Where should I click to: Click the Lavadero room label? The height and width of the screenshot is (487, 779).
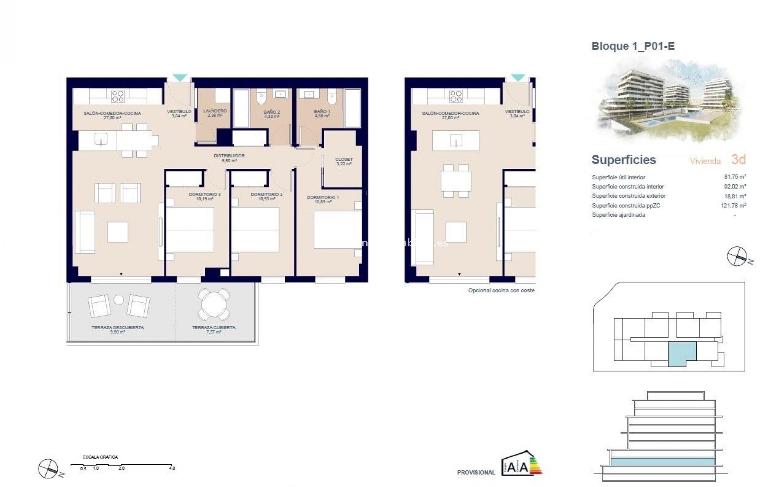pos(215,113)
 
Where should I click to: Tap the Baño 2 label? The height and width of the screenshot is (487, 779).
pos(271,114)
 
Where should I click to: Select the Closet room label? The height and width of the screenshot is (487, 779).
pos(344,162)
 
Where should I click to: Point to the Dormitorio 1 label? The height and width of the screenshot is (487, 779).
pos(323,199)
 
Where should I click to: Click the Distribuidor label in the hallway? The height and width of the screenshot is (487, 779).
pos(229,158)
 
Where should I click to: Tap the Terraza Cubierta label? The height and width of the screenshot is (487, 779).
pos(213,329)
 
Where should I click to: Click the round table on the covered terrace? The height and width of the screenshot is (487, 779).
pos(213,303)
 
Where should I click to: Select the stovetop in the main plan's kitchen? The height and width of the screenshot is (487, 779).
pos(118,96)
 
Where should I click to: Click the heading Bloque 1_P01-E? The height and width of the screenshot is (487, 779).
pos(633,46)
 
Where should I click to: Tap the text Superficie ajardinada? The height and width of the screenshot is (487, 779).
pos(618,215)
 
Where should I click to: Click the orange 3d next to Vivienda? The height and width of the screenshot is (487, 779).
pos(738,159)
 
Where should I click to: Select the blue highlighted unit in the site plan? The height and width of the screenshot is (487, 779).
pos(682,352)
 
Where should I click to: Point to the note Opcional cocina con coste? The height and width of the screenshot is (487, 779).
pos(501,290)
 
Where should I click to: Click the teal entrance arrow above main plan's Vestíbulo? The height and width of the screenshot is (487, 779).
pos(180,78)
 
